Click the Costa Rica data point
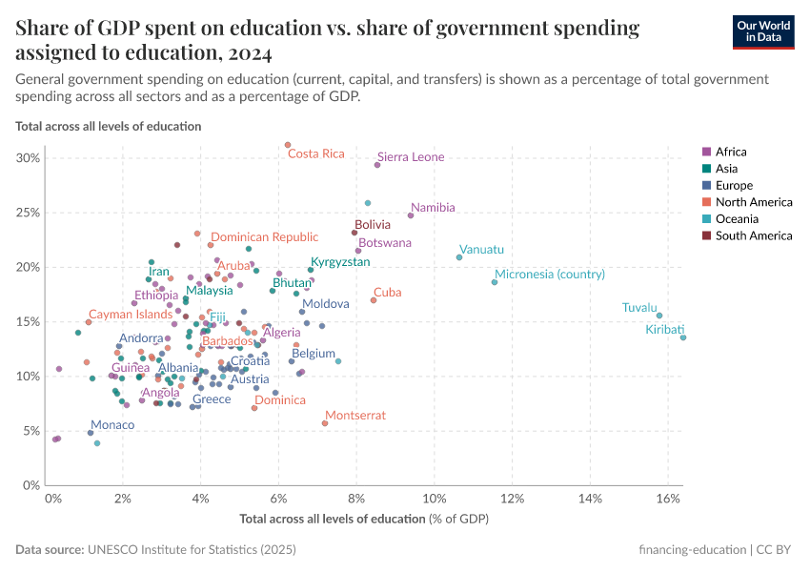click(288, 145)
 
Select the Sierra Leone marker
click(377, 165)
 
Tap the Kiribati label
click(664, 329)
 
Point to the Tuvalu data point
click(659, 316)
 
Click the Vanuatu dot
click(459, 257)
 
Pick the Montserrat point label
click(355, 416)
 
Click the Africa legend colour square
click(706, 153)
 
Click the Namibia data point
click(411, 215)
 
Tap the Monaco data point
click(91, 433)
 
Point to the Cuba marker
click(374, 300)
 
